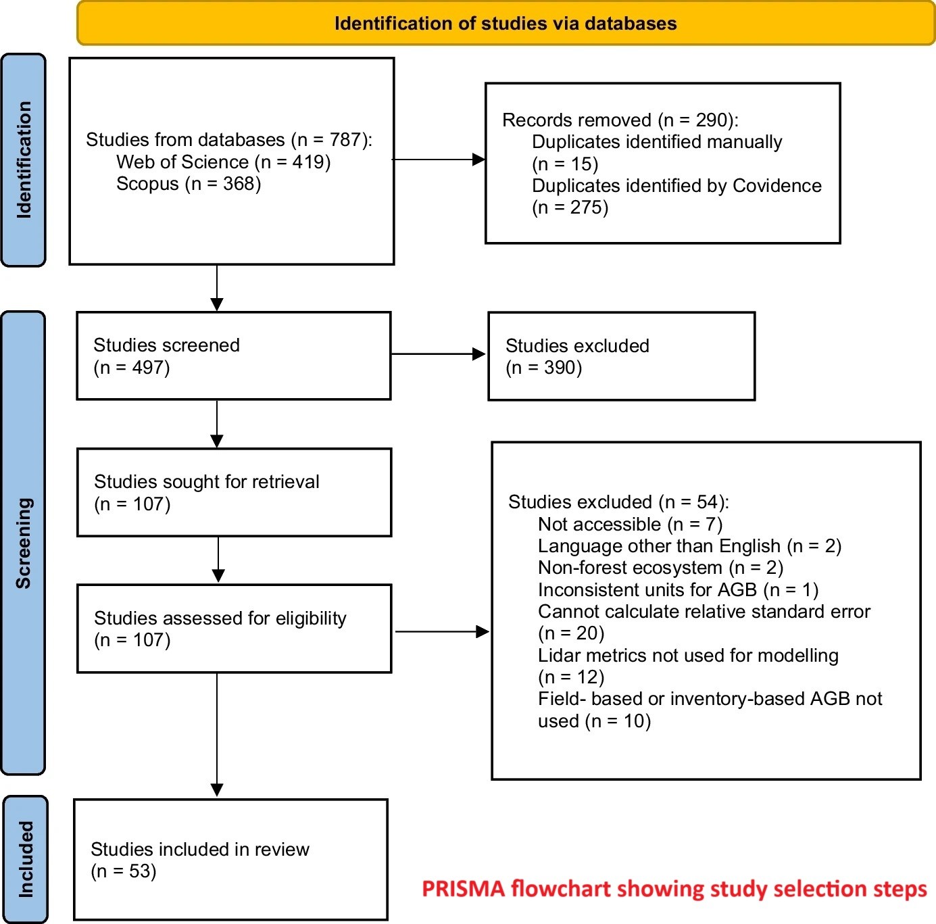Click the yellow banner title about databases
[x=506, y=24]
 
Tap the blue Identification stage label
[x=23, y=160]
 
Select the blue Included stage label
[x=25, y=859]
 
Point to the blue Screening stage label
[x=23, y=543]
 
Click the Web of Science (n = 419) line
[x=224, y=162]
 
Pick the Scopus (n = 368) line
[x=189, y=184]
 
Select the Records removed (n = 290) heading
[x=620, y=120]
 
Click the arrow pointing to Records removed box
[x=439, y=160]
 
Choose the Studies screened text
[x=167, y=345]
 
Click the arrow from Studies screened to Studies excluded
[x=438, y=354]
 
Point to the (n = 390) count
[x=543, y=368]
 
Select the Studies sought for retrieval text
[x=206, y=482]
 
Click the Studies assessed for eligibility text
[x=220, y=618]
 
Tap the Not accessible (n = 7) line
[x=631, y=525]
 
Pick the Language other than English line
[x=690, y=546]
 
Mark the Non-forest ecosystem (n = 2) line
[x=660, y=568]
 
